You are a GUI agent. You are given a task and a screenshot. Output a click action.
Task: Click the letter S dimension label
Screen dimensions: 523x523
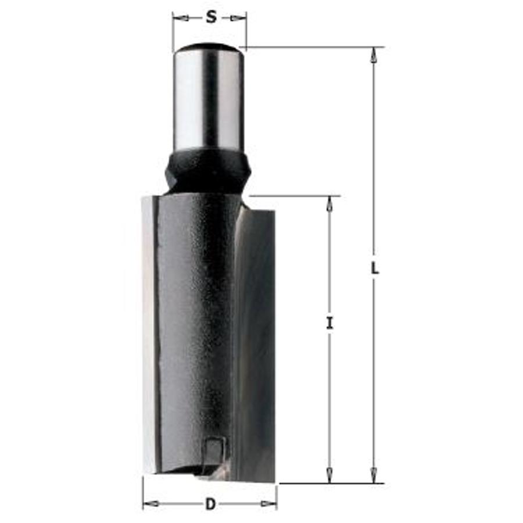coord(211,17)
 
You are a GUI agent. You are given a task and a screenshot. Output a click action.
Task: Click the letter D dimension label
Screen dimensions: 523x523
coord(210,504)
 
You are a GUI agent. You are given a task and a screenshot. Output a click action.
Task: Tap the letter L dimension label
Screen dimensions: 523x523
coord(375,268)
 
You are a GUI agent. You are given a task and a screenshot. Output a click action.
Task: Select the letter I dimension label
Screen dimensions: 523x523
coord(329,323)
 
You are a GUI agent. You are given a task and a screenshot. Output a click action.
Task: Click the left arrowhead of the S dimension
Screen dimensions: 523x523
coord(181,17)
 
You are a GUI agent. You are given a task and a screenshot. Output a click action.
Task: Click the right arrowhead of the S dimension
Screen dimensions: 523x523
coord(238,18)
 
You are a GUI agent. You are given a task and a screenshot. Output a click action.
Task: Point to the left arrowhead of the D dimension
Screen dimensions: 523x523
coord(151,503)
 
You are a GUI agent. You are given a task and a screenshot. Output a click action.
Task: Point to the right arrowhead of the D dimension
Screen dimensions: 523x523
coord(269,504)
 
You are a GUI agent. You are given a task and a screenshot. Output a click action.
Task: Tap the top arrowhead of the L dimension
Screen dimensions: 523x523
coord(374,55)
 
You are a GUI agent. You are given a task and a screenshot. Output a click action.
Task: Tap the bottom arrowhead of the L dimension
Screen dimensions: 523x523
coord(374,475)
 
